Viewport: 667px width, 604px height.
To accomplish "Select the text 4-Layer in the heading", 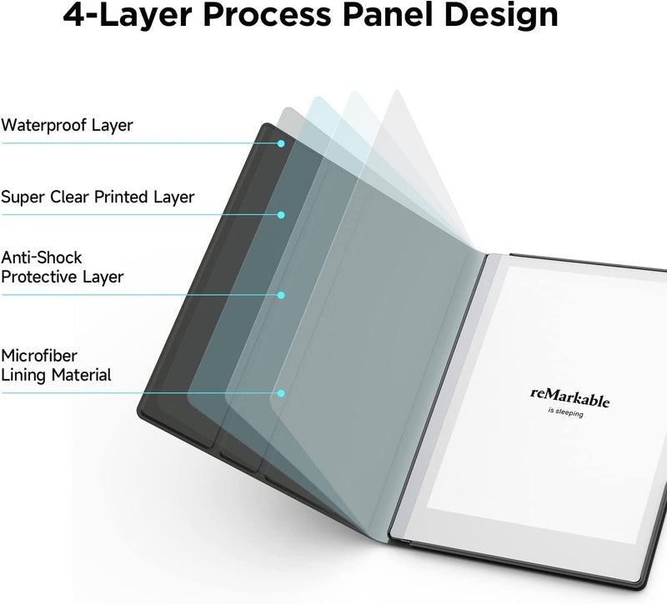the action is click(128, 16).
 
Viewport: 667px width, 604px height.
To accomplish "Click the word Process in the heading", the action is click(267, 15).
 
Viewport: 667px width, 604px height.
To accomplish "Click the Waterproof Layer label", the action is click(67, 125).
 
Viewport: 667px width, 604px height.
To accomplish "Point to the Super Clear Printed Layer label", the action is click(98, 197).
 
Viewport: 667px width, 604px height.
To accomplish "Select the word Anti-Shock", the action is click(41, 257).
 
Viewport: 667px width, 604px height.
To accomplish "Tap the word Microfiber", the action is click(39, 356).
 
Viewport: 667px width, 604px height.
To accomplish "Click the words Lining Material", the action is click(56, 375).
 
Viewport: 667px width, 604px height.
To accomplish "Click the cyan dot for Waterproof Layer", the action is click(281, 143).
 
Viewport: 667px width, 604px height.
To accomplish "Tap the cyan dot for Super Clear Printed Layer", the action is click(281, 215).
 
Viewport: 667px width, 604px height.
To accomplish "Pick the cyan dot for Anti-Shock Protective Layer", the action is click(281, 295).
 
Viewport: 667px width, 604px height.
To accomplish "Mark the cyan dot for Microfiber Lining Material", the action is click(281, 393).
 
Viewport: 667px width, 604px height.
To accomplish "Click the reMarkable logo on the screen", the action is click(569, 397).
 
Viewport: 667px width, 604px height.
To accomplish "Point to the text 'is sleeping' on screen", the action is click(565, 412).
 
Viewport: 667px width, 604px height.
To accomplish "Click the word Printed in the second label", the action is click(121, 197).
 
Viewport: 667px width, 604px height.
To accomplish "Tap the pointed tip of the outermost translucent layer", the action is click(397, 91).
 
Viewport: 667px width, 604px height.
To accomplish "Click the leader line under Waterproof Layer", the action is click(139, 143).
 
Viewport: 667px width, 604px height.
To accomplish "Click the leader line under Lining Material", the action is click(139, 393).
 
